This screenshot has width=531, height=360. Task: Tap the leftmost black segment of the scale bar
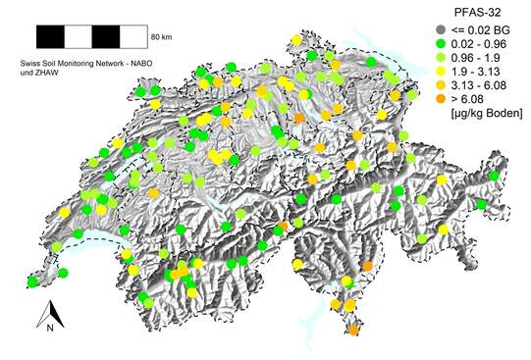pyautogui.click(x=50, y=37)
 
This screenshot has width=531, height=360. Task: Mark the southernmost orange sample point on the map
pyautogui.click(x=353, y=331)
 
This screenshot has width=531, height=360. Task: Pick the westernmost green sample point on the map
pyautogui.click(x=33, y=282)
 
